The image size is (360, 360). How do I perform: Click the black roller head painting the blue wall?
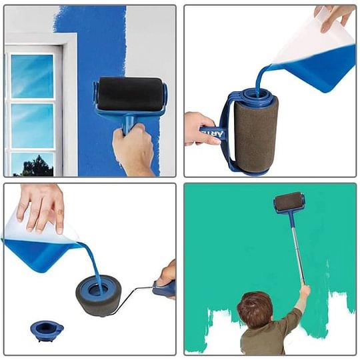pos(129,93)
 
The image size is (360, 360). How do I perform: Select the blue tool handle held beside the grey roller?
pos(163,288)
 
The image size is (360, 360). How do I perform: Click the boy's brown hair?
pos(254,308)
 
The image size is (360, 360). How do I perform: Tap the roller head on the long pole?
pos(289,201)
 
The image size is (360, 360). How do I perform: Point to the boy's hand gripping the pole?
pos(305,291)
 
